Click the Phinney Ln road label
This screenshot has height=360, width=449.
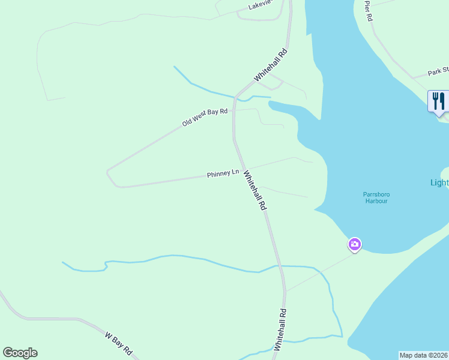coord(223,174)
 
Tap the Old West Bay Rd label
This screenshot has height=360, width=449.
coord(205,117)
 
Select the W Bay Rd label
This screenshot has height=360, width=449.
coord(118,344)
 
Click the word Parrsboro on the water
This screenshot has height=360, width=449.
coord(376,194)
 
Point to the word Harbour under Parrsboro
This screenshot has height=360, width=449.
coord(376,201)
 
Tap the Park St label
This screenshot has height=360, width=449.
coord(438,72)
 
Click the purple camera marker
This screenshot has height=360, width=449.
coord(355,244)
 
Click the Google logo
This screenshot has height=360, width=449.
coord(20,353)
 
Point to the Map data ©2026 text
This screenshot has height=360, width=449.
coord(423,355)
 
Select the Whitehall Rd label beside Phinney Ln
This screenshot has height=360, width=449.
coord(255,189)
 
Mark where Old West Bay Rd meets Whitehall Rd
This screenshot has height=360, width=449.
coord(234,110)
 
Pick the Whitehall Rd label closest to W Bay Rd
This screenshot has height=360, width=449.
coord(279,329)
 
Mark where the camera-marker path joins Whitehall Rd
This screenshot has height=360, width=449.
coord(286,291)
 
